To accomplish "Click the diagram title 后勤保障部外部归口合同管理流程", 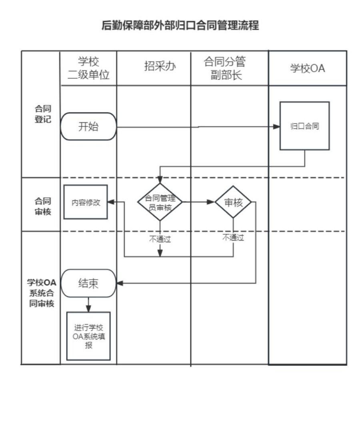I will click(x=180, y=26).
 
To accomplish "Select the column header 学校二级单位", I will click(x=88, y=68).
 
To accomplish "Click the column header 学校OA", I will click(x=307, y=68).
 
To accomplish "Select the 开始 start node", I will click(x=88, y=126).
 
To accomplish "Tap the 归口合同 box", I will click(x=304, y=126).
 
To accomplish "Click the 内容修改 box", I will click(x=86, y=202).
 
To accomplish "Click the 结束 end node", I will click(x=88, y=283).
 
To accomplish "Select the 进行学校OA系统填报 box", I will click(x=88, y=336).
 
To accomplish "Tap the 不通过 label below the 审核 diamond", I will click(x=233, y=237).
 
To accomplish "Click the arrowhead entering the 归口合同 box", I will click(x=276, y=126).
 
